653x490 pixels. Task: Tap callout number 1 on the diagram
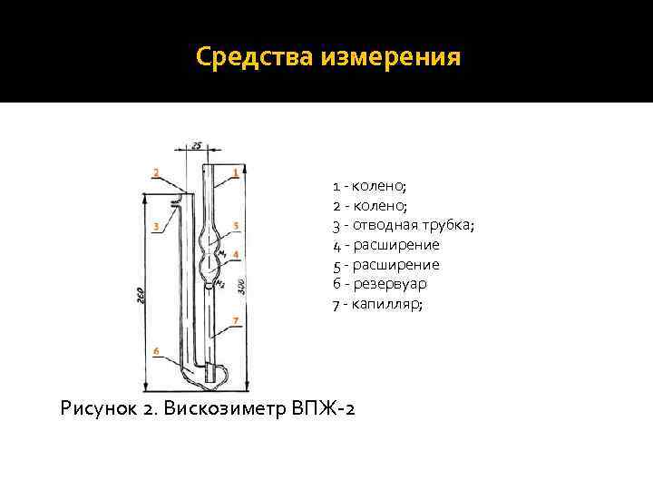236,171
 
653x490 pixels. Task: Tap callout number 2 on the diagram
156,171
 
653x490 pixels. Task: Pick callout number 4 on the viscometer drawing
236,255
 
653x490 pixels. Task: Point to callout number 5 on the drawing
236,225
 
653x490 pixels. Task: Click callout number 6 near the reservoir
156,350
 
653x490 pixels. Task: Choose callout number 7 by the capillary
236,320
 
